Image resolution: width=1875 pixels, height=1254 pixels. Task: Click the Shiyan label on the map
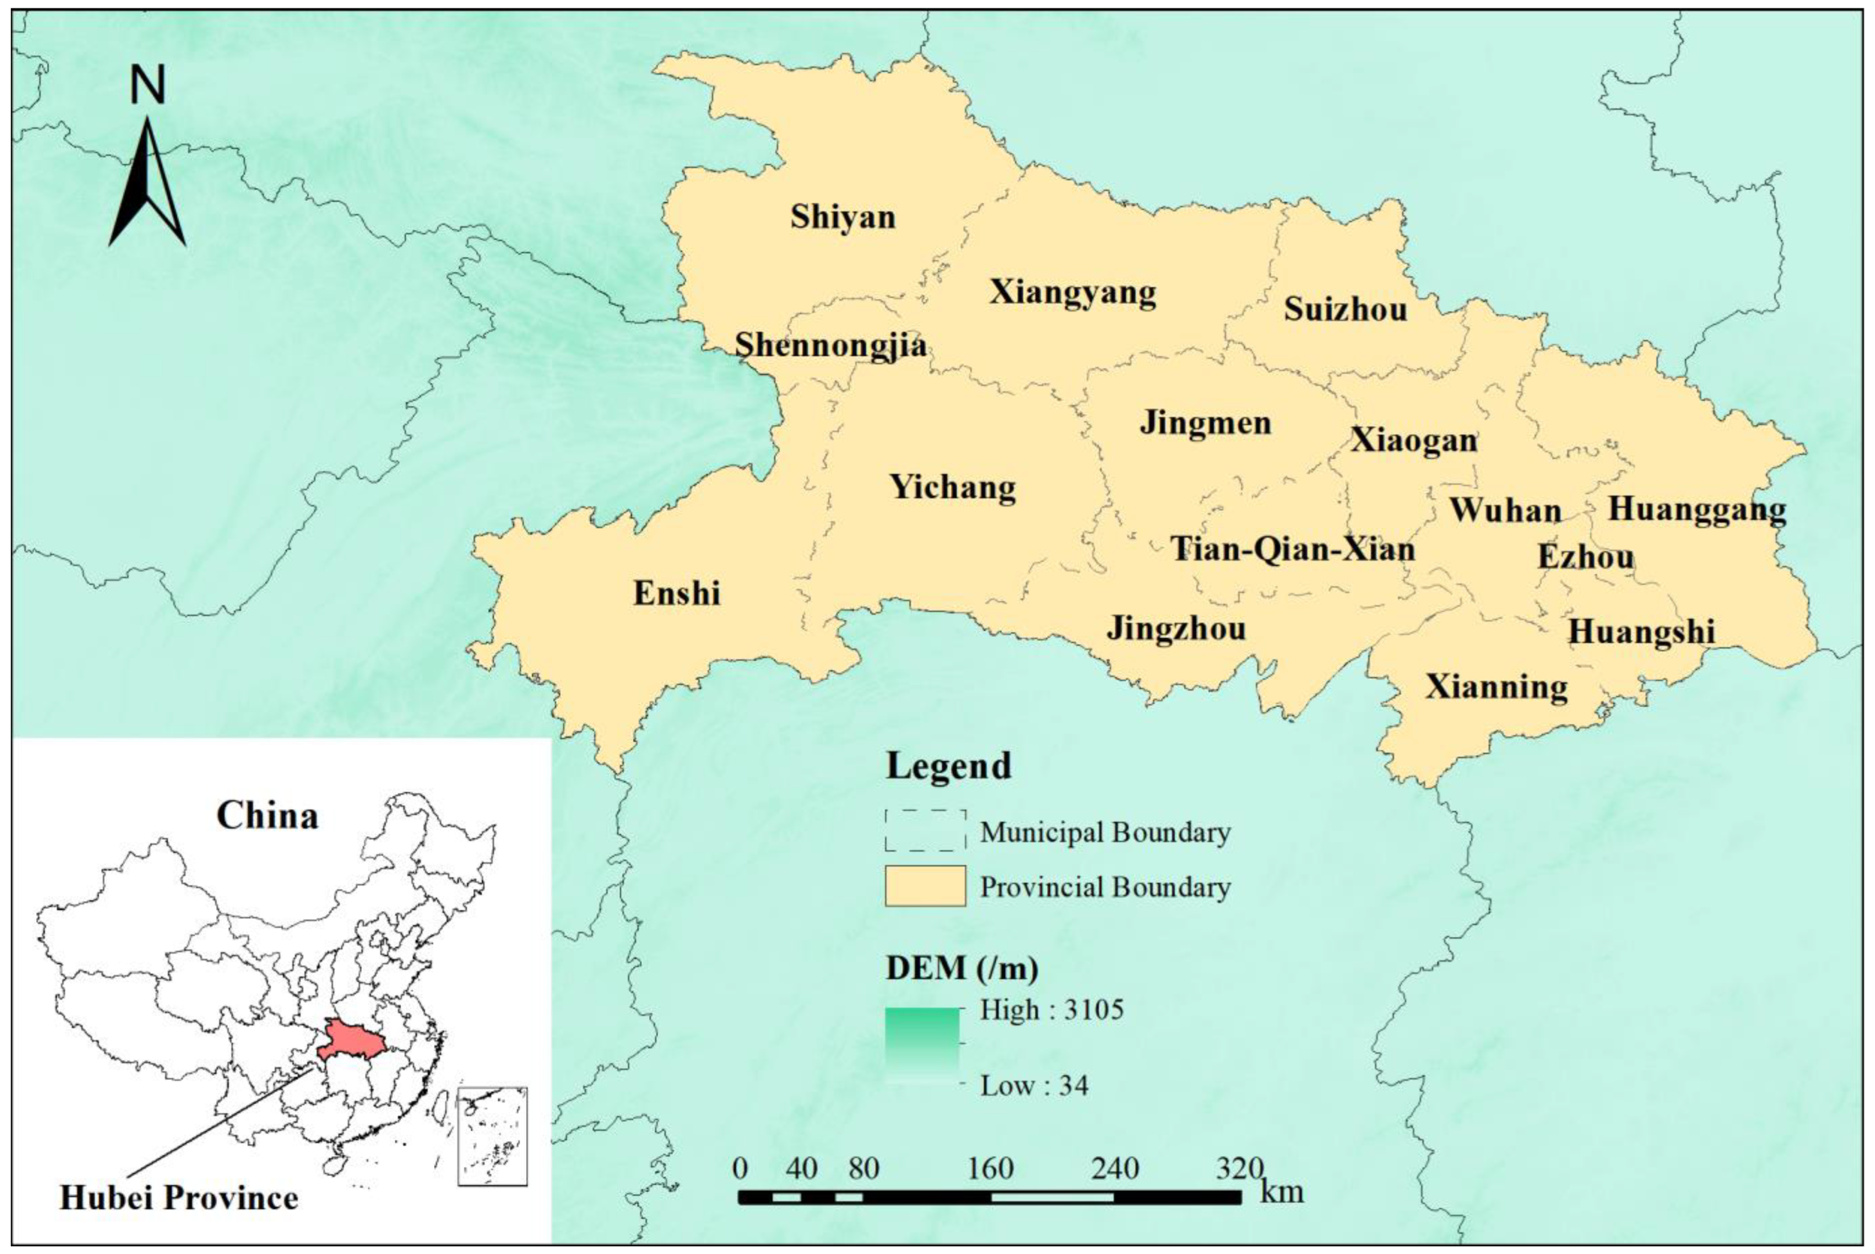[843, 218]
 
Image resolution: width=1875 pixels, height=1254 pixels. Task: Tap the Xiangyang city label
[1072, 292]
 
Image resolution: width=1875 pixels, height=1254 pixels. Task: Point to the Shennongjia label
[831, 345]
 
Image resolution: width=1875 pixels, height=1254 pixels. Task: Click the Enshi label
[677, 593]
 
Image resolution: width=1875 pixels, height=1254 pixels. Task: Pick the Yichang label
[953, 487]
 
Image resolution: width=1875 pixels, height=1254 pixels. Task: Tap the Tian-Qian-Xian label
[1293, 549]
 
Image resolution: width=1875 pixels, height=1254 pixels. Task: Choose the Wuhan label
[1505, 510]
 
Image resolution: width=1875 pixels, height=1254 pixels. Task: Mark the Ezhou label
[1585, 557]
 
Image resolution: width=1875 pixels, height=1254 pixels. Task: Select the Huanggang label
[1697, 509]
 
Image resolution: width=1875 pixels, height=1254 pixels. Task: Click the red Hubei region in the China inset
[351, 1040]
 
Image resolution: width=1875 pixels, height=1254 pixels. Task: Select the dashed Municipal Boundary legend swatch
[925, 830]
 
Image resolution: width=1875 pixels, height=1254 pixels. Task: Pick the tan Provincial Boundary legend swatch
[925, 886]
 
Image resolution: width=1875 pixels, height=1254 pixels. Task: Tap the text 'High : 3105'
[1051, 1010]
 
